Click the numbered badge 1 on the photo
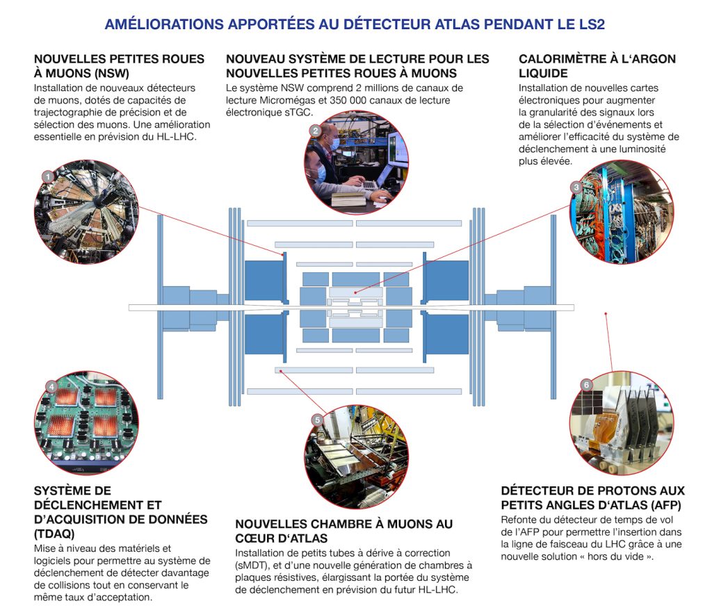tap(48, 176)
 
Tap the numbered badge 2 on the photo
tap(316, 131)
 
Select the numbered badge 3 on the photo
tap(576, 187)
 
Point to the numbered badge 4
tap(51, 387)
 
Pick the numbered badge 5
tap(317, 420)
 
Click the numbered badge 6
tap(586, 385)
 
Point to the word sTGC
tap(298, 113)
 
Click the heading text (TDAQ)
tap(54, 534)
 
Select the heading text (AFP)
tap(664, 506)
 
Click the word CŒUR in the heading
tap(252, 538)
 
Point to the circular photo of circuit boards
tap(87, 423)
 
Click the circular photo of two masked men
tap(357, 162)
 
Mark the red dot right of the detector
tap(606, 313)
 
